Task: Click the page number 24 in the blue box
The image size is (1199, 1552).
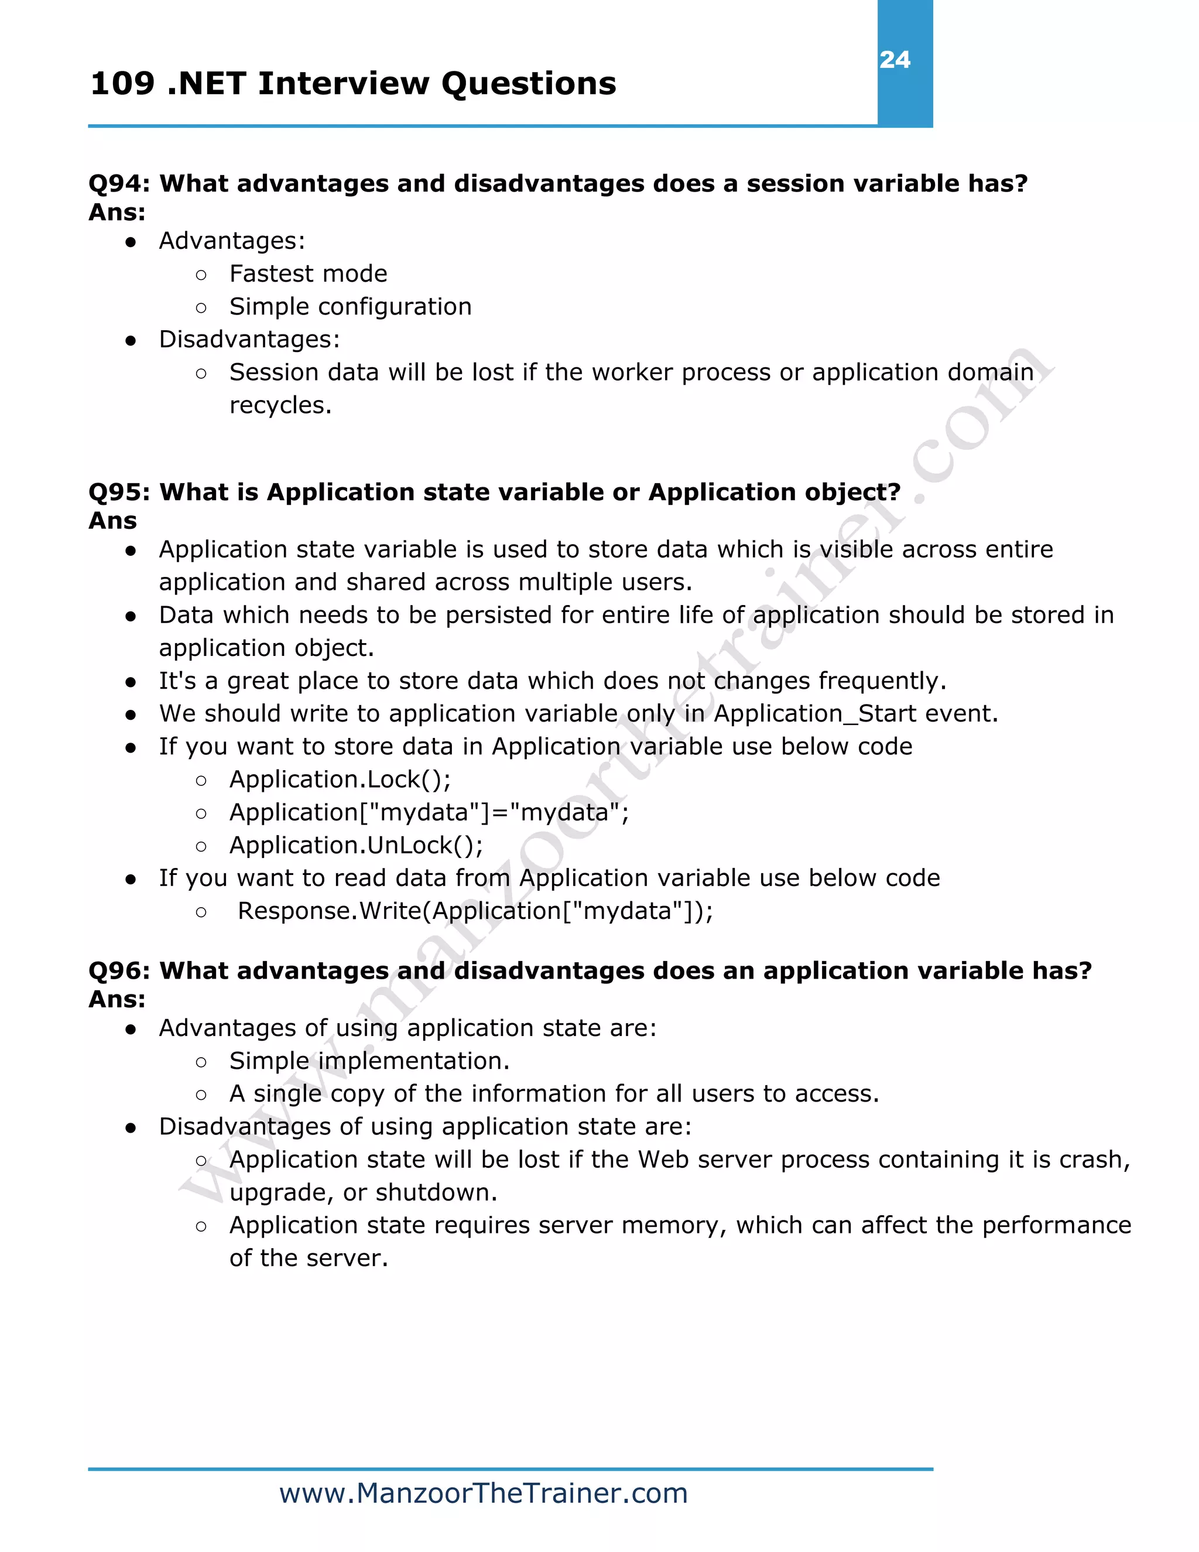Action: [x=895, y=60]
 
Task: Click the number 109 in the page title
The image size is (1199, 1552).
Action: [x=122, y=84]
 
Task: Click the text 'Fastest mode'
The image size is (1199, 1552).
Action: [x=309, y=274]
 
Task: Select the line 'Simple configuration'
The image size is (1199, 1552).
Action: [x=350, y=306]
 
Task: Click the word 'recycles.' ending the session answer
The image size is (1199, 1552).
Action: [x=280, y=405]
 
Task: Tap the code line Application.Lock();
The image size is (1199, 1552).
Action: [x=340, y=780]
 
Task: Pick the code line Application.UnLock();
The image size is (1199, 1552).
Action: [x=356, y=845]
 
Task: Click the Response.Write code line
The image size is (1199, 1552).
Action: [x=474, y=911]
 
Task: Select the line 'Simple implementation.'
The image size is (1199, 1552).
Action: [x=369, y=1061]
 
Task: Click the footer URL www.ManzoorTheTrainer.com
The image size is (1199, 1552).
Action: [x=483, y=1493]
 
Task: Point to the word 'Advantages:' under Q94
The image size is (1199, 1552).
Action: [x=232, y=241]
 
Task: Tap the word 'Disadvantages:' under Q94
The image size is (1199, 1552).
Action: [x=249, y=339]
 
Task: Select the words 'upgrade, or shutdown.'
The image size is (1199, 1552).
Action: [x=363, y=1192]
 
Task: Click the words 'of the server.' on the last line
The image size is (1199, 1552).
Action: [x=309, y=1258]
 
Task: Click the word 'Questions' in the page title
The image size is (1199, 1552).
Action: [x=529, y=84]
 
